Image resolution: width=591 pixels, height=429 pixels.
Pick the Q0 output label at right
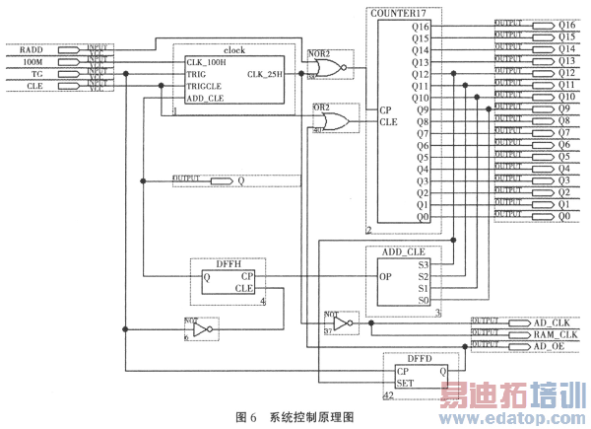[x=563, y=217]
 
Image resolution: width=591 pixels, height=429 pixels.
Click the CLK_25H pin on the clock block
[x=268, y=74]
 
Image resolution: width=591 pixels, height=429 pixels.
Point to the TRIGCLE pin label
[x=206, y=86]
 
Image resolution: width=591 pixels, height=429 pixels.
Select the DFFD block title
[x=421, y=359]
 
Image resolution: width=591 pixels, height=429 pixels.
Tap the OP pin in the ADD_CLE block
[x=387, y=276]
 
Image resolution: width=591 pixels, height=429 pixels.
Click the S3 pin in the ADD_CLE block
[x=424, y=264]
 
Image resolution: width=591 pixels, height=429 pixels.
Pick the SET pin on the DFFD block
[x=404, y=383]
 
